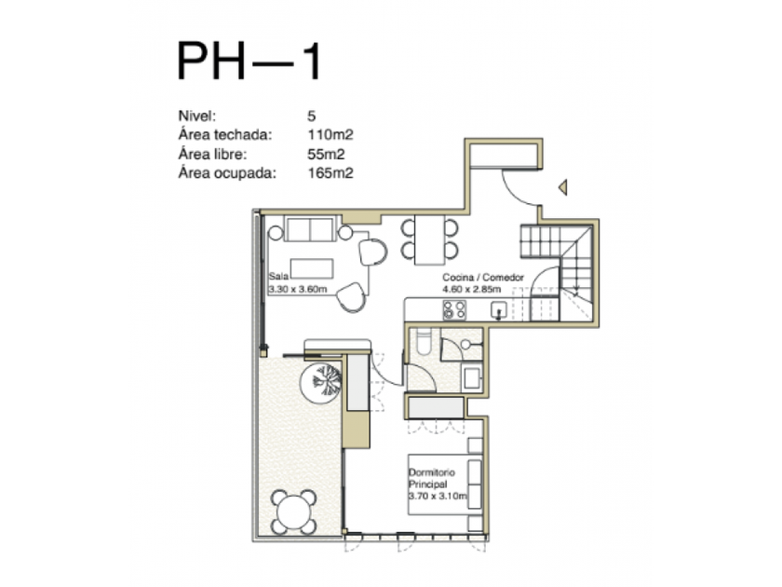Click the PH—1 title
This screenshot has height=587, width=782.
(249, 61)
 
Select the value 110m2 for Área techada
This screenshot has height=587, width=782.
(330, 135)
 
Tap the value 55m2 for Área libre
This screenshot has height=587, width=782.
(326, 155)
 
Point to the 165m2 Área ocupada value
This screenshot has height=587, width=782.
(330, 173)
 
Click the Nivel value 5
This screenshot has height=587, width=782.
(312, 116)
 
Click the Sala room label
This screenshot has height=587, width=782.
(278, 276)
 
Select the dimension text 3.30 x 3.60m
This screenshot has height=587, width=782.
(298, 289)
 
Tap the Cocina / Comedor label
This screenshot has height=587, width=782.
(483, 277)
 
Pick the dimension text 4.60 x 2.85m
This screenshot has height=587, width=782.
(472, 290)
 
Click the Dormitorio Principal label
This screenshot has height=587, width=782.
(432, 478)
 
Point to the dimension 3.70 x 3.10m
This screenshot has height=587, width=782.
(438, 496)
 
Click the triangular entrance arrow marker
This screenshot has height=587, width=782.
(563, 187)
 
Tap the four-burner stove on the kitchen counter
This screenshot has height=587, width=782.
(454, 310)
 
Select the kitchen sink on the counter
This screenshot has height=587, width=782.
(499, 310)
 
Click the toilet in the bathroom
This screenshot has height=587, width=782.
(424, 342)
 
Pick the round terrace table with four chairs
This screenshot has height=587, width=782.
(294, 512)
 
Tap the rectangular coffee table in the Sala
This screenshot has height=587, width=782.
(312, 268)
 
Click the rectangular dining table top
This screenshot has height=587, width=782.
(430, 239)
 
